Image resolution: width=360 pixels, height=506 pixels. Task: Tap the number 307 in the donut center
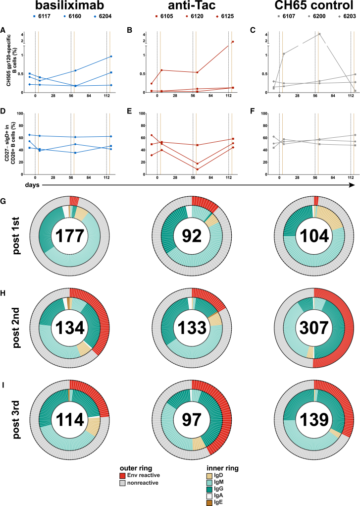pyautogui.click(x=313, y=328)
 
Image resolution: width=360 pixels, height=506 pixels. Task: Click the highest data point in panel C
pyautogui.click(x=319, y=34)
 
